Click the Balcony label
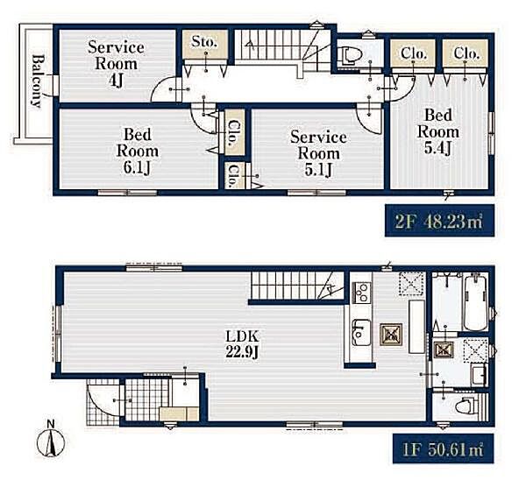pos(37,81)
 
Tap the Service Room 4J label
pos(116,64)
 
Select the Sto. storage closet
pos(205,44)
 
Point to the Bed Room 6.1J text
pos(138,152)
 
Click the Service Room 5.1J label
pos(318,153)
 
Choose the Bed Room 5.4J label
pos(438,131)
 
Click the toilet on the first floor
pos(466,406)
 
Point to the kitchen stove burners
pos(361,293)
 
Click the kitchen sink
pos(361,333)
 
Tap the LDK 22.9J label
pos(242,344)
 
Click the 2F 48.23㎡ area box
pos(439,221)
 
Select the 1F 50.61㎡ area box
pos(443,449)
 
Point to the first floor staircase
pos(297,286)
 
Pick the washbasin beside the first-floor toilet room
pos(479,376)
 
